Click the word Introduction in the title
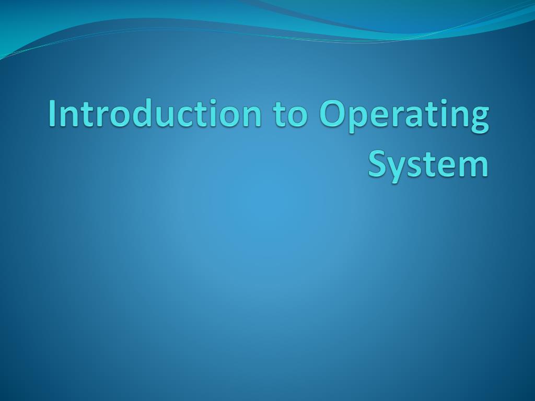155,114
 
